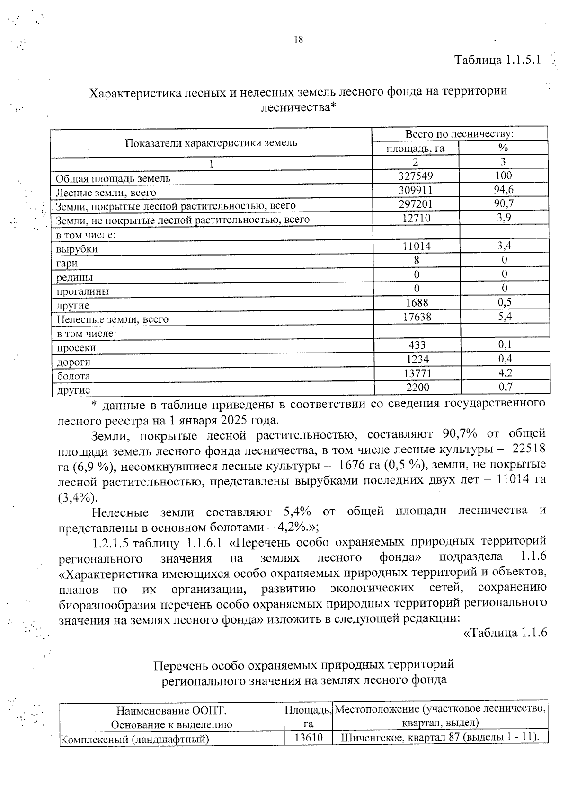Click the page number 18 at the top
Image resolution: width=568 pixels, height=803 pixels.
(298, 40)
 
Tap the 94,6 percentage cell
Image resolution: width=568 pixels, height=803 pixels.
(503, 190)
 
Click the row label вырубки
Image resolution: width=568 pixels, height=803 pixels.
(77, 249)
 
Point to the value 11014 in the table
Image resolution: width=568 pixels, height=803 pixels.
(416, 246)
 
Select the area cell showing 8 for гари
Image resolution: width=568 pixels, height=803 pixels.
(416, 260)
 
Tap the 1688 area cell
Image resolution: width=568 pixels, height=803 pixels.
(416, 302)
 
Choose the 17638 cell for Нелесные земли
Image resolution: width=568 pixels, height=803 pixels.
(417, 317)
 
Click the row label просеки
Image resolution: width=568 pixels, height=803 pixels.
(76, 348)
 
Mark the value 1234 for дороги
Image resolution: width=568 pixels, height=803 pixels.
(417, 359)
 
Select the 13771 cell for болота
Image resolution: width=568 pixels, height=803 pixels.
(417, 373)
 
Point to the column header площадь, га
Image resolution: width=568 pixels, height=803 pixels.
(415, 149)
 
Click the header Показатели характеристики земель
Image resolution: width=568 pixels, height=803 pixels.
(211, 142)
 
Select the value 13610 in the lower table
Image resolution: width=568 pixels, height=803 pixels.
(308, 737)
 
